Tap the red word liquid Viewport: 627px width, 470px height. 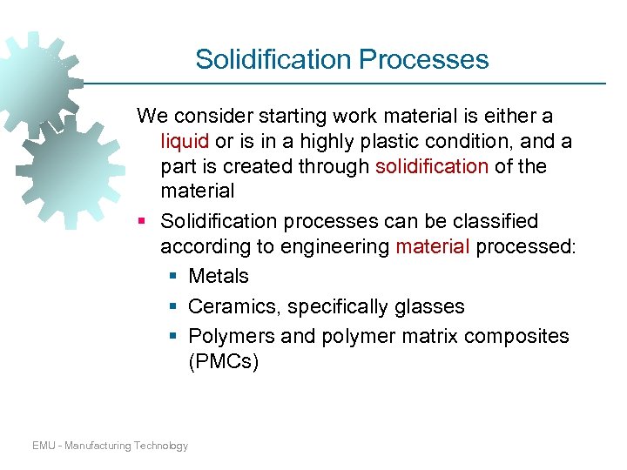click(x=185, y=141)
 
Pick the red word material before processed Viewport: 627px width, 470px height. click(x=434, y=247)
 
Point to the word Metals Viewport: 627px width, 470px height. click(x=219, y=277)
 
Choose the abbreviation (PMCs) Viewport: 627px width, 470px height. click(x=224, y=362)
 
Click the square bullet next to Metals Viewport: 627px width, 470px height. click(x=172, y=277)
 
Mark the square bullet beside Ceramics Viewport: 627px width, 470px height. click(x=172, y=307)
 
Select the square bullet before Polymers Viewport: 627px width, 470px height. click(x=172, y=337)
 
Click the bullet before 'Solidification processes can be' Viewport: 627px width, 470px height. click(x=143, y=222)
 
